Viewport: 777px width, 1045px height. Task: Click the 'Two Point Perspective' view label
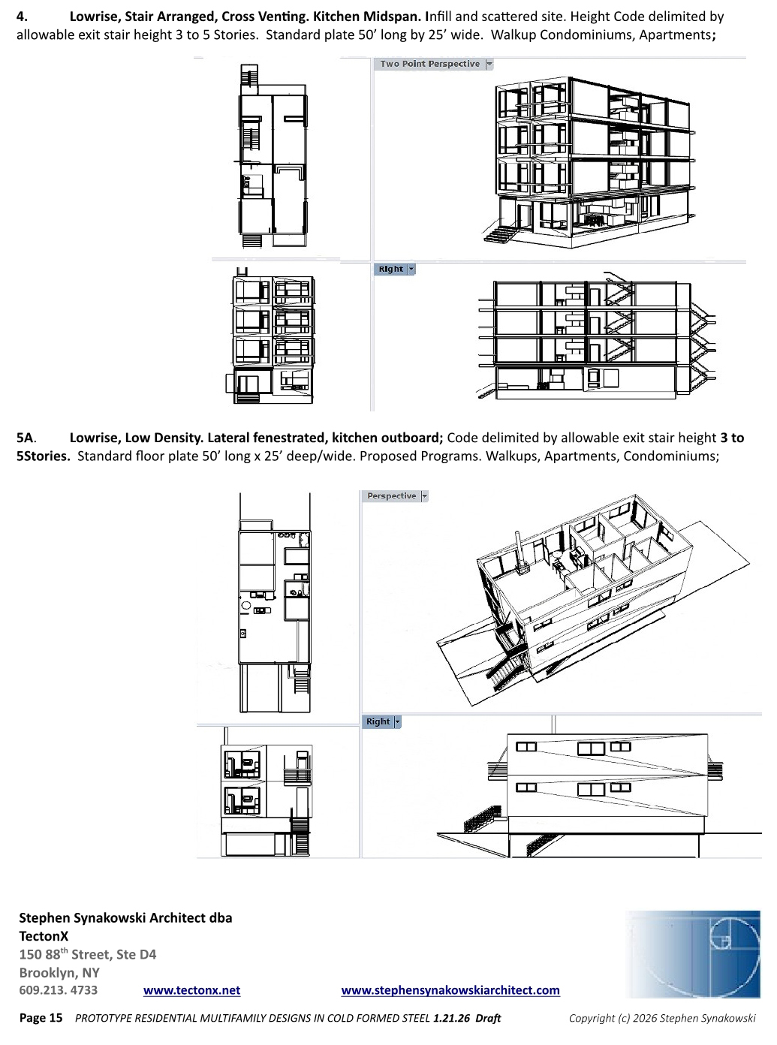429,65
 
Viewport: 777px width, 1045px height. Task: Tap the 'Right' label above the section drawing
390,270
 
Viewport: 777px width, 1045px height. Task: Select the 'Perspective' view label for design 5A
391,496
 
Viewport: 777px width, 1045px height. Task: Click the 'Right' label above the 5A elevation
378,722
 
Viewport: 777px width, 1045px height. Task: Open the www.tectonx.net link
191,991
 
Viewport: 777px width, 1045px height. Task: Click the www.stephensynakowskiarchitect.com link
450,991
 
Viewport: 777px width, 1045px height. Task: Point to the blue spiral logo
694,954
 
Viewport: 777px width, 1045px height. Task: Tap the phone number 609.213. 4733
59,991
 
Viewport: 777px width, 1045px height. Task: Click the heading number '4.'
23,17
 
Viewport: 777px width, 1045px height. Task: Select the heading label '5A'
26,438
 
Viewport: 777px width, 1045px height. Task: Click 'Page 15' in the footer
41,1019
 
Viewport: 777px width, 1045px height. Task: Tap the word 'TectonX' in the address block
44,937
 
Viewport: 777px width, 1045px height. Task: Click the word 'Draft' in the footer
488,1019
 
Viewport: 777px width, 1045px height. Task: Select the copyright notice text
662,1019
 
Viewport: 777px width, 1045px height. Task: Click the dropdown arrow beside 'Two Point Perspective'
489,65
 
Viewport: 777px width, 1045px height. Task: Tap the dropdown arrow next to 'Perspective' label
424,496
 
